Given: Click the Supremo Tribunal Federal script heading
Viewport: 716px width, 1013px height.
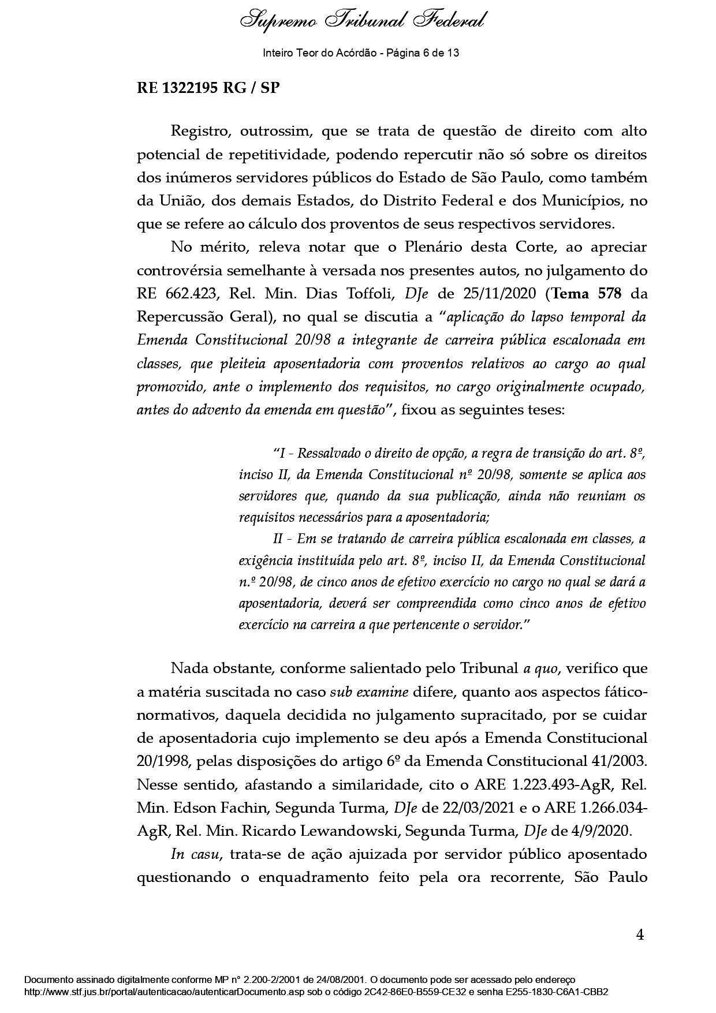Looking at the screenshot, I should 362,21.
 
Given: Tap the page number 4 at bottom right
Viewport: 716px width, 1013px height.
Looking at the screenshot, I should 639,935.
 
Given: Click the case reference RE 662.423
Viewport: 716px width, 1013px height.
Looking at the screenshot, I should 176,294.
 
